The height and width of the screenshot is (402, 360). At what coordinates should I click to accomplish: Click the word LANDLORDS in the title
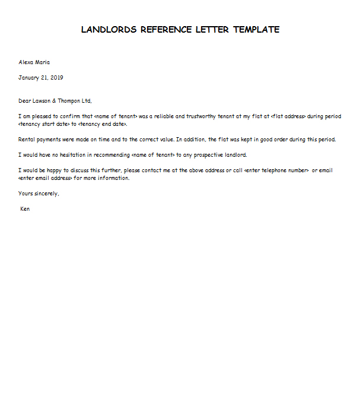coord(109,30)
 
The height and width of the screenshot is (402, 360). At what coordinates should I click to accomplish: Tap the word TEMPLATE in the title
coord(256,30)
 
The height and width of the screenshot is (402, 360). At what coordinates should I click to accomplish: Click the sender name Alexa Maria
coord(35,62)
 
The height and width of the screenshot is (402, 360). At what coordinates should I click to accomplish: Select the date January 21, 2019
coord(41,78)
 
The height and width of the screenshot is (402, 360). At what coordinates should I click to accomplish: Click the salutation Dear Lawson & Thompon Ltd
coord(56,101)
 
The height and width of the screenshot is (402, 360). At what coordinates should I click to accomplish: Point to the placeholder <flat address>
coord(288,116)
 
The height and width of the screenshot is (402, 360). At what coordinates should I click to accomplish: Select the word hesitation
coord(75,155)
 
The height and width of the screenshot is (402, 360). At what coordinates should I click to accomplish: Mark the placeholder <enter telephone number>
coord(276,170)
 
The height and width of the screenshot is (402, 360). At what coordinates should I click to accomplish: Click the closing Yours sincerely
coord(39,194)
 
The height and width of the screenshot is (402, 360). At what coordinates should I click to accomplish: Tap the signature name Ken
coord(25,209)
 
